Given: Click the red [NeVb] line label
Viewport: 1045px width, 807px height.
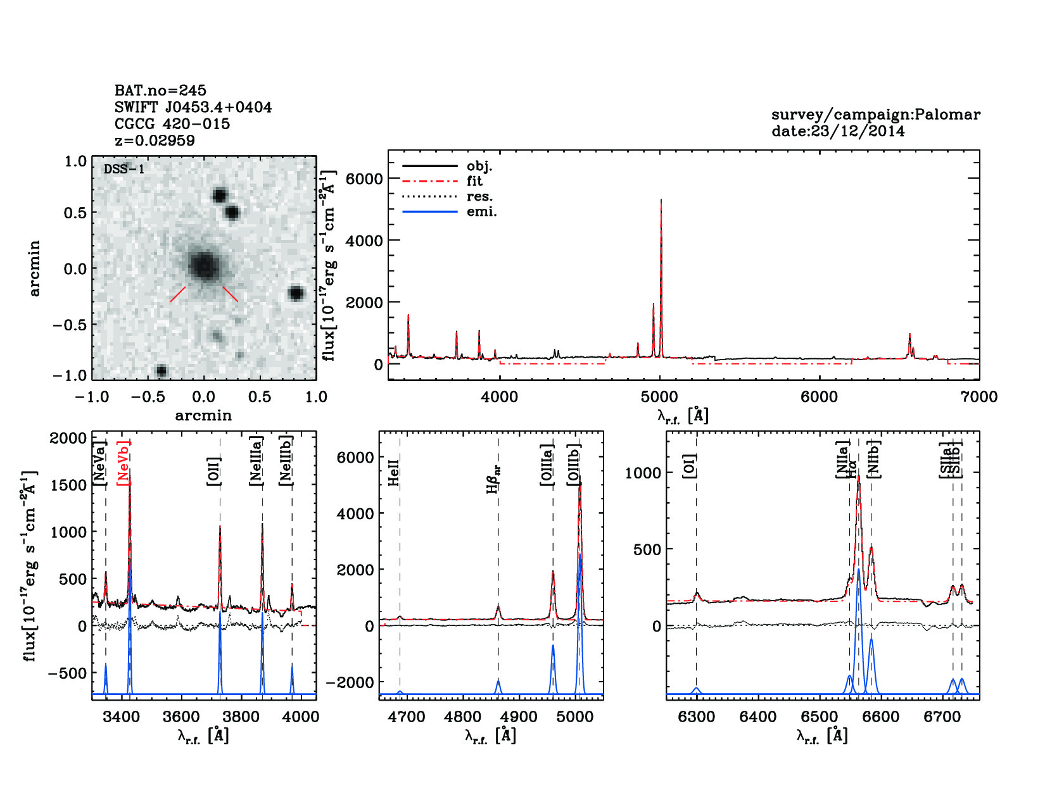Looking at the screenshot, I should (x=123, y=463).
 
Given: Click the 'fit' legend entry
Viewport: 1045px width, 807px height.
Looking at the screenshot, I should (x=474, y=181).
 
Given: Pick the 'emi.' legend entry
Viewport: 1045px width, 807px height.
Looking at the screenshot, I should (x=481, y=211).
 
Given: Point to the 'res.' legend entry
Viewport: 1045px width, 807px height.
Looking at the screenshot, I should (x=479, y=196).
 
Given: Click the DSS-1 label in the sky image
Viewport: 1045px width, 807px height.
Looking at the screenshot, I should (x=124, y=169).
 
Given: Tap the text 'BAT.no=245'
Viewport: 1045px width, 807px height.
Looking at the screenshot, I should (x=160, y=91).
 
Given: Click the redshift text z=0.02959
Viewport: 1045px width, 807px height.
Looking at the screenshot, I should (x=155, y=141).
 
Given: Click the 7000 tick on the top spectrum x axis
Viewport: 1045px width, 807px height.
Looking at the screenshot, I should (x=978, y=397).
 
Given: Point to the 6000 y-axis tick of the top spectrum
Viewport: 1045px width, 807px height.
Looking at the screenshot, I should (x=364, y=179).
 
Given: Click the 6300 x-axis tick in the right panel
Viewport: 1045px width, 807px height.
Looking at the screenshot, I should (x=696, y=716).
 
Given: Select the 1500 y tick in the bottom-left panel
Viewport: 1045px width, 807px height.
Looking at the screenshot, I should (x=69, y=485).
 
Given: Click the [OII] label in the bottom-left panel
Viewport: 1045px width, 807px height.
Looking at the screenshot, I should (x=213, y=471).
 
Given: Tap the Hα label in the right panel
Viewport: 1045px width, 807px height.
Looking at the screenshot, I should (x=854, y=469).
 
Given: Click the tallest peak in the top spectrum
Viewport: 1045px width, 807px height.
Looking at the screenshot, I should (x=661, y=201).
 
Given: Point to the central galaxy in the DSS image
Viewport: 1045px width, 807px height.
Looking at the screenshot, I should (x=204, y=266).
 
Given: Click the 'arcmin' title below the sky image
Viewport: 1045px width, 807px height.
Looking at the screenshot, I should (x=203, y=415).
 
